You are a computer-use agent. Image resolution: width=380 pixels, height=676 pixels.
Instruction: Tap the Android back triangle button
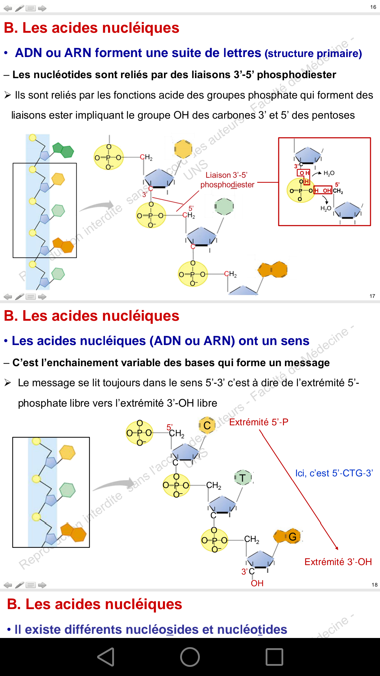point(106,657)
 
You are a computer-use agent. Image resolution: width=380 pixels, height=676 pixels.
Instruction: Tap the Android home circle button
point(190,657)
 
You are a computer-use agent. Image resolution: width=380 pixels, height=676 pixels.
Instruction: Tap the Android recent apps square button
point(274,657)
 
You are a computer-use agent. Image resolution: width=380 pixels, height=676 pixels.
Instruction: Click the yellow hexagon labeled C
point(207,425)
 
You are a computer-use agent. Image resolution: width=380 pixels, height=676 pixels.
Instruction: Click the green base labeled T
point(243,478)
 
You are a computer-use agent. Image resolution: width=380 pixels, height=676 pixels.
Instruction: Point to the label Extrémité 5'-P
point(259,422)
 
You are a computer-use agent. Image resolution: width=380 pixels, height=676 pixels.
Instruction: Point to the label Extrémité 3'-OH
point(338,562)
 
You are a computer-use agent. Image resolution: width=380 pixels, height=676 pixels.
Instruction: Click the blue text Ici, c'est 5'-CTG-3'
point(334,473)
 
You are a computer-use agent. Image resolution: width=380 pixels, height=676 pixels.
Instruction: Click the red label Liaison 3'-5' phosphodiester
point(227,180)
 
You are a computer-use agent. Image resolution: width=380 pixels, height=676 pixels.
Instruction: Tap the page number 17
point(372,296)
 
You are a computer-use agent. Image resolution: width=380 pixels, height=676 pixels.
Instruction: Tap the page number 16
point(373,7)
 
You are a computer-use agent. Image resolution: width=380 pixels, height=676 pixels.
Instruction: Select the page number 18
point(374,585)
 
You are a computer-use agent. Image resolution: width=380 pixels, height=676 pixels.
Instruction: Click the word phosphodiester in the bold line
point(296,75)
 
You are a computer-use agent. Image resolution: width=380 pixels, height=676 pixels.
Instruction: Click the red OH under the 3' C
point(257,583)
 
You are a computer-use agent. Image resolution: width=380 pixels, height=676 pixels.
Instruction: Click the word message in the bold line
point(307,363)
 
